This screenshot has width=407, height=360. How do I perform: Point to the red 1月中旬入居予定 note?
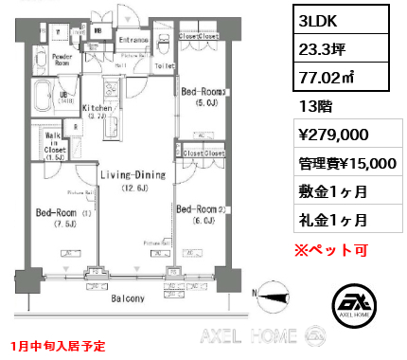pyautogui.click(x=58, y=346)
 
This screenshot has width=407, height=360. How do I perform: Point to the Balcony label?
pyautogui.click(x=122, y=298)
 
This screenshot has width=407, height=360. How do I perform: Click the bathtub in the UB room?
pyautogui.click(x=42, y=98)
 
